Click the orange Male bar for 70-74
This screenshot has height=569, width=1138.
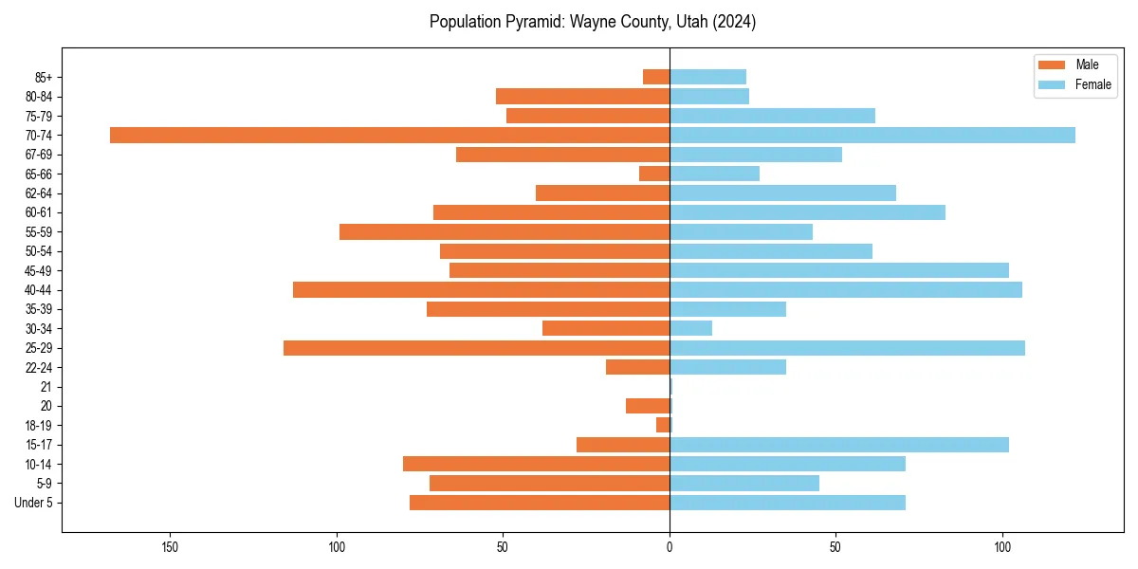click(390, 136)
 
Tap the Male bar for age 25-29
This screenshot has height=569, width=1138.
click(476, 348)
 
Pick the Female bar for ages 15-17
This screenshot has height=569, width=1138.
click(839, 445)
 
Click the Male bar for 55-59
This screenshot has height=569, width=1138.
click(505, 232)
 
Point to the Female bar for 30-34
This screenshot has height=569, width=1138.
click(691, 329)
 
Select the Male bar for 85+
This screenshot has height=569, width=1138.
click(656, 77)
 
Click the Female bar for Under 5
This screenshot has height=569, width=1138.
click(787, 503)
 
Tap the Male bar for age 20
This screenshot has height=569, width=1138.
click(648, 406)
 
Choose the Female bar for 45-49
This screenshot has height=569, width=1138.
click(839, 270)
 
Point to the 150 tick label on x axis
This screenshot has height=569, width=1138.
click(171, 547)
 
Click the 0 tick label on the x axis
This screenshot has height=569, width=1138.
click(670, 547)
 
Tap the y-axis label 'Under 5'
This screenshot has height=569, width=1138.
click(33, 503)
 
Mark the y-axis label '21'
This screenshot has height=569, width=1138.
click(46, 387)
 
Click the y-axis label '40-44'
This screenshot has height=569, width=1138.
click(39, 290)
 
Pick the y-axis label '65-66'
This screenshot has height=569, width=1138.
click(39, 174)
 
